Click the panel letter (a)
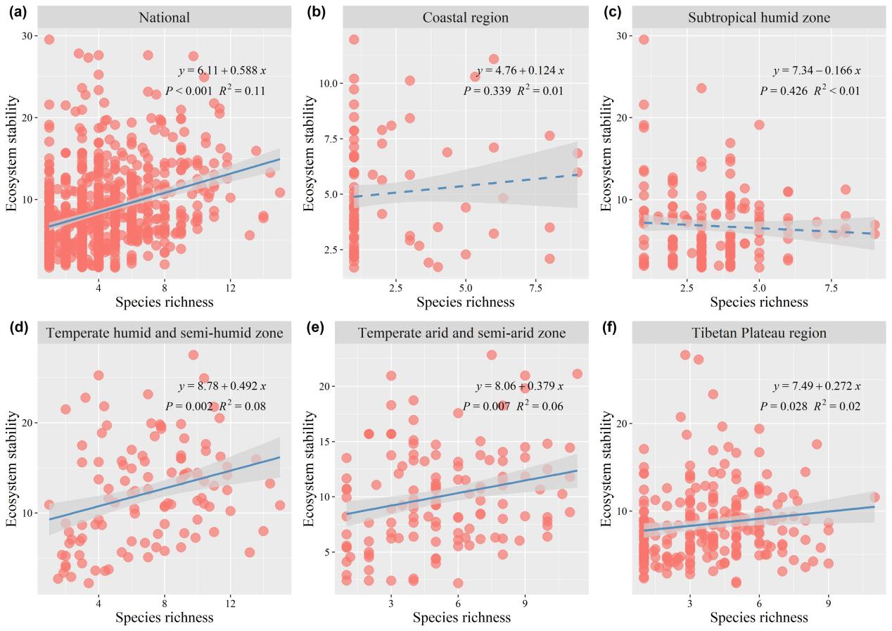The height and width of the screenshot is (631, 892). point(16,12)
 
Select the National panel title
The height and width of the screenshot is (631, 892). point(164,17)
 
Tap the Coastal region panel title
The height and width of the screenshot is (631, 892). point(461,17)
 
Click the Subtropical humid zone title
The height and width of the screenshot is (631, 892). point(759,17)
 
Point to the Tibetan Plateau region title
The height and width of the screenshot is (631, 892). point(759,333)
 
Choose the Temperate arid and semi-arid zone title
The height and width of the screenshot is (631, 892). point(461,333)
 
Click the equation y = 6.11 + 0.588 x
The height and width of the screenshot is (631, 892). point(221,70)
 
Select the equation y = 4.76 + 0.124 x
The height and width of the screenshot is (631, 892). point(520,70)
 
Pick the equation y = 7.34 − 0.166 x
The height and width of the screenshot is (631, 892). point(816,70)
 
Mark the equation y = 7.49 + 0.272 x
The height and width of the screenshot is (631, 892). point(816,386)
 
